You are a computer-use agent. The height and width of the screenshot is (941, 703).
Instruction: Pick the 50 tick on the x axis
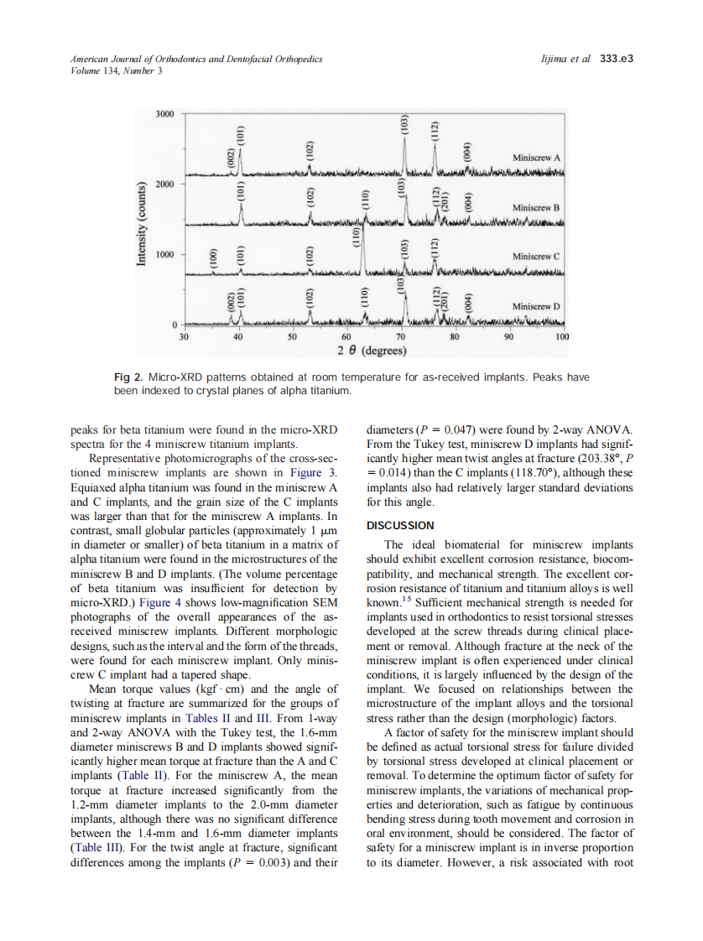point(292,336)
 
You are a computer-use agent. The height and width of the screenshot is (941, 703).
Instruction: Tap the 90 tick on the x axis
point(508,336)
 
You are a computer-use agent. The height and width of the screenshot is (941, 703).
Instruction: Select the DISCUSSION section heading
point(401,526)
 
